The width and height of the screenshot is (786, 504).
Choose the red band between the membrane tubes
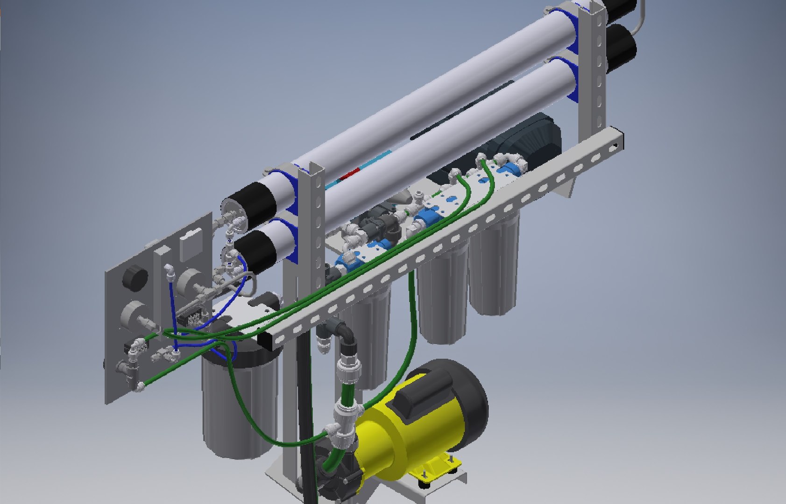click(348, 175)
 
